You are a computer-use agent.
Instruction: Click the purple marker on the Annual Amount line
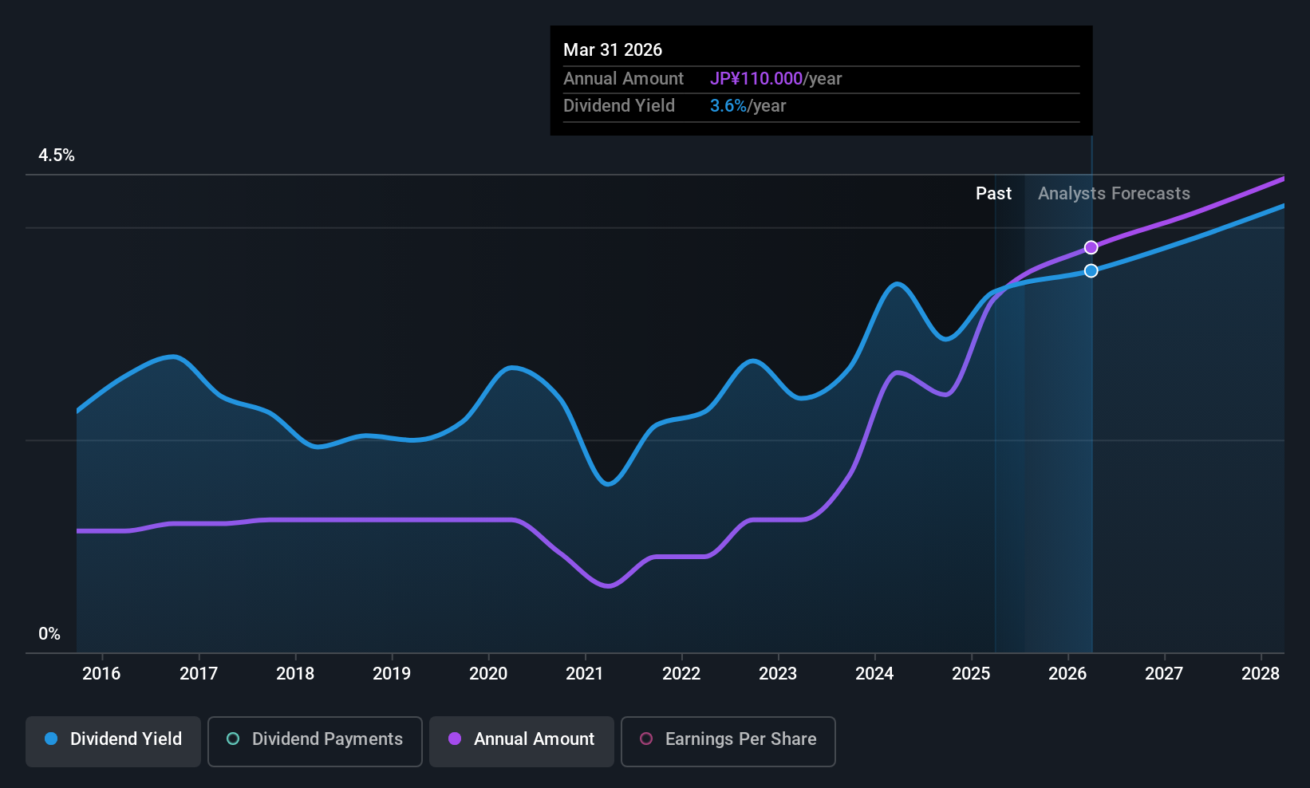[1091, 247]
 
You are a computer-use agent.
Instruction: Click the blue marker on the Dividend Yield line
[1091, 270]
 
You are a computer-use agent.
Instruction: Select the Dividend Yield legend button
[113, 739]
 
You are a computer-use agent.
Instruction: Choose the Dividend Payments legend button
[314, 739]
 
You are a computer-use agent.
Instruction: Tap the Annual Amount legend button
[522, 739]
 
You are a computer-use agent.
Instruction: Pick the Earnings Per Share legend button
[728, 739]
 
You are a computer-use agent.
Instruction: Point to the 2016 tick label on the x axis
[101, 674]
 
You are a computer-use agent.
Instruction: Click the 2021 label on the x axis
[585, 674]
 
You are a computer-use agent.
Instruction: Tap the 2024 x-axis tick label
[874, 674]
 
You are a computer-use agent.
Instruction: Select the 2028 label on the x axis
[1261, 674]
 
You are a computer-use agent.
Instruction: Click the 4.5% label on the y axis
[57, 156]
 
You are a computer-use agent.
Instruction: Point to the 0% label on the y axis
[49, 634]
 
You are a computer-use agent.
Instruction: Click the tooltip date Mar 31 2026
[613, 50]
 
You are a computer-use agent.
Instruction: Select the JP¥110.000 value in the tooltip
[756, 79]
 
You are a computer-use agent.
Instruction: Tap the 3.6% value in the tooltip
[728, 106]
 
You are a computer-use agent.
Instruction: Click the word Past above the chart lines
[993, 194]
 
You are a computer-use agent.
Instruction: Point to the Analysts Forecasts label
[1114, 194]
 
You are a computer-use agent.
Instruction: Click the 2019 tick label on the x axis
[392, 674]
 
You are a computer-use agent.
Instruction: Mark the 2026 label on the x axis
[1067, 674]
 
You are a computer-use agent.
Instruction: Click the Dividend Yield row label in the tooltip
[619, 106]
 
